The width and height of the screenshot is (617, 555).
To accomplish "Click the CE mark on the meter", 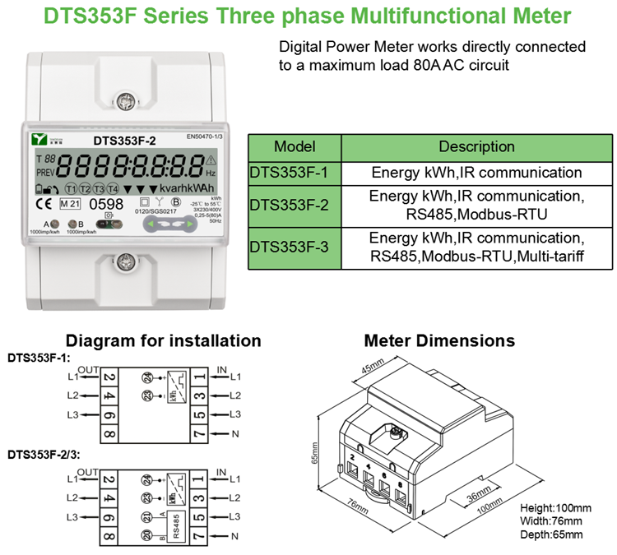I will [44, 203].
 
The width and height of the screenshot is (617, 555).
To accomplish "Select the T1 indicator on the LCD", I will [71, 188].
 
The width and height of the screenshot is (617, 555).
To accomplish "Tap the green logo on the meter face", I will [39, 138].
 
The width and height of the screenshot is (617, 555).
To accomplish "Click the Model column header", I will [295, 147].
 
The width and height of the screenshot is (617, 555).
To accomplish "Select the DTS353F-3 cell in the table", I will [295, 247].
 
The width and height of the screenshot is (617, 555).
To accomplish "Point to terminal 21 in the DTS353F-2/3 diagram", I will [147, 517].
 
